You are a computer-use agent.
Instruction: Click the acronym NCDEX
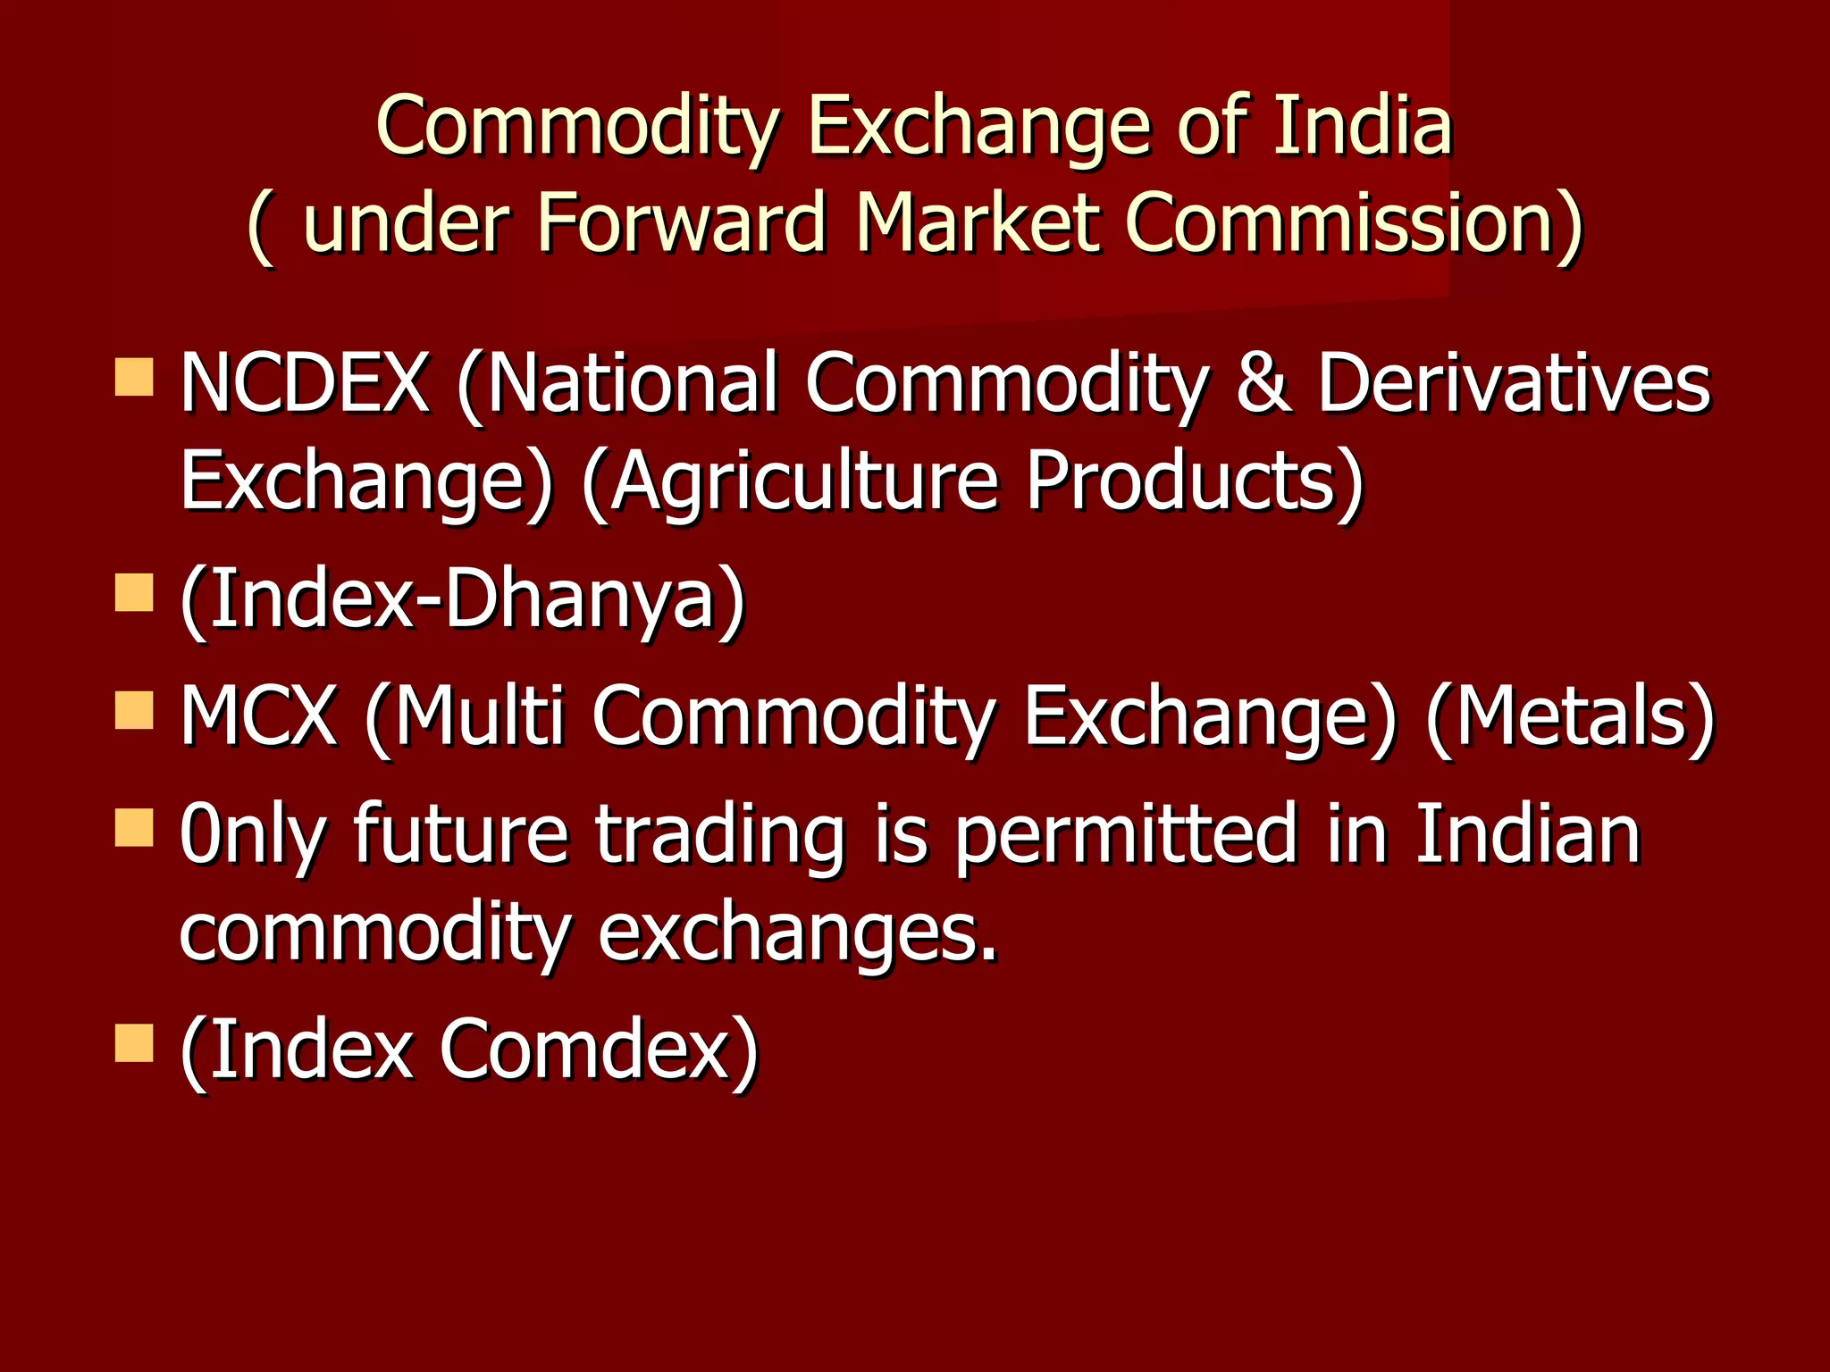305,382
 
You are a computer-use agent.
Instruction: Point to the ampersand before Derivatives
1263,382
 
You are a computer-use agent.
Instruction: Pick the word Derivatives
1513,382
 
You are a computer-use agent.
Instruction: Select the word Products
1194,481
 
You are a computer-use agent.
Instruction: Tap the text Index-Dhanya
462,598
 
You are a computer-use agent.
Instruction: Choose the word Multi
479,715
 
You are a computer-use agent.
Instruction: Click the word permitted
1125,832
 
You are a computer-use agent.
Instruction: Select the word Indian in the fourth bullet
1527,832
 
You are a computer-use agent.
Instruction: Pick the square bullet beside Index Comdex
134,1042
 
